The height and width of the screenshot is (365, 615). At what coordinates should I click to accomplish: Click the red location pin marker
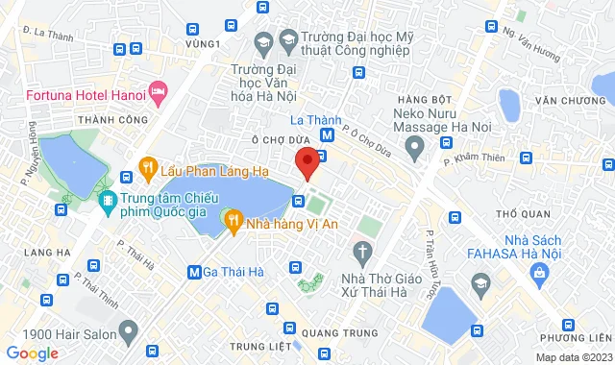[307, 162]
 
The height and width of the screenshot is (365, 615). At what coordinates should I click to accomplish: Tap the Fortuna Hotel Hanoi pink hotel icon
[158, 94]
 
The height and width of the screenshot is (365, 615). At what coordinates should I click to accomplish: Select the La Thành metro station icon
[328, 135]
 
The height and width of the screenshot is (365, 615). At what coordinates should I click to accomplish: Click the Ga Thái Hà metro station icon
[195, 272]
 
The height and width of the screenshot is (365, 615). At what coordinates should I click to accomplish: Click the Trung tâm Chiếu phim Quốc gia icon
[108, 201]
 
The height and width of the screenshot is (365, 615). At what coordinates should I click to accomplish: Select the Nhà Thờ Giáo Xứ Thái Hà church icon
[362, 254]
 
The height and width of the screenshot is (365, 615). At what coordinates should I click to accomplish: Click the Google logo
[32, 353]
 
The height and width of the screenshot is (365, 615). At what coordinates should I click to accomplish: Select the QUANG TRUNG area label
[330, 333]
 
